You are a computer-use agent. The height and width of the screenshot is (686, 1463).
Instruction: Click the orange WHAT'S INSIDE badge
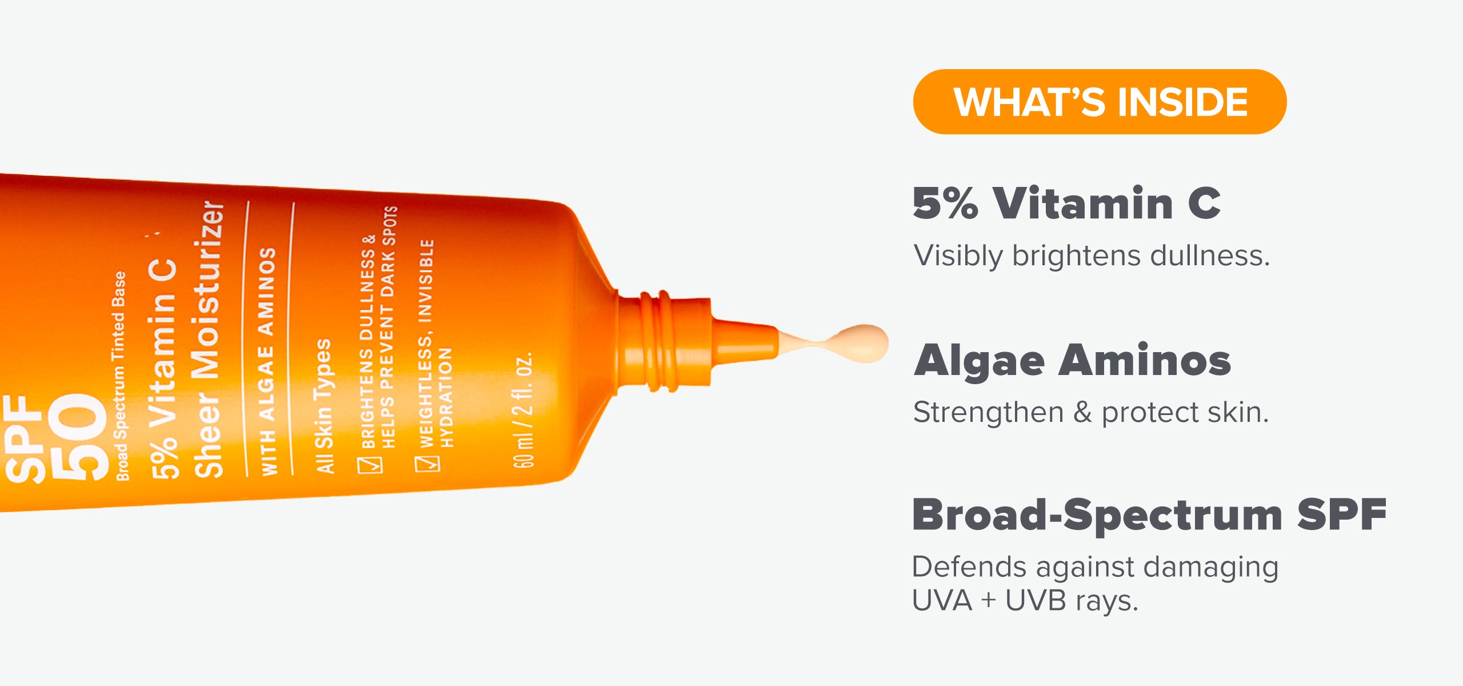point(1100,102)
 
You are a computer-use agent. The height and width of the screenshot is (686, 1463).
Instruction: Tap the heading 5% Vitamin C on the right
point(1067,204)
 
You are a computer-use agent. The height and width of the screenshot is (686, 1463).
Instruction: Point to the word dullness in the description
point(1210,256)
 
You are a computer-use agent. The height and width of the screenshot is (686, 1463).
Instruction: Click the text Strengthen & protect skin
point(1091,413)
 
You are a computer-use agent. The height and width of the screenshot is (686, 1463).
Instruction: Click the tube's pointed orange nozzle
point(743,341)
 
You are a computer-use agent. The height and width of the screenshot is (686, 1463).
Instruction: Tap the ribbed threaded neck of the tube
point(663,342)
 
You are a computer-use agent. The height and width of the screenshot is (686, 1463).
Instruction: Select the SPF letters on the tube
point(24,439)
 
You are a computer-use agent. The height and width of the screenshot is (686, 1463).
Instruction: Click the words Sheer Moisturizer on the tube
point(207,338)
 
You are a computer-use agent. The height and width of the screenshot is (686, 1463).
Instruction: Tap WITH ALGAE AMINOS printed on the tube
point(268,361)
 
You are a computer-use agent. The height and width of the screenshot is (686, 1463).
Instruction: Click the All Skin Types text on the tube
point(323,406)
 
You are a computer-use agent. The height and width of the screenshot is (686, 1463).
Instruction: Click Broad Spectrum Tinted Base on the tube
point(119,376)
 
